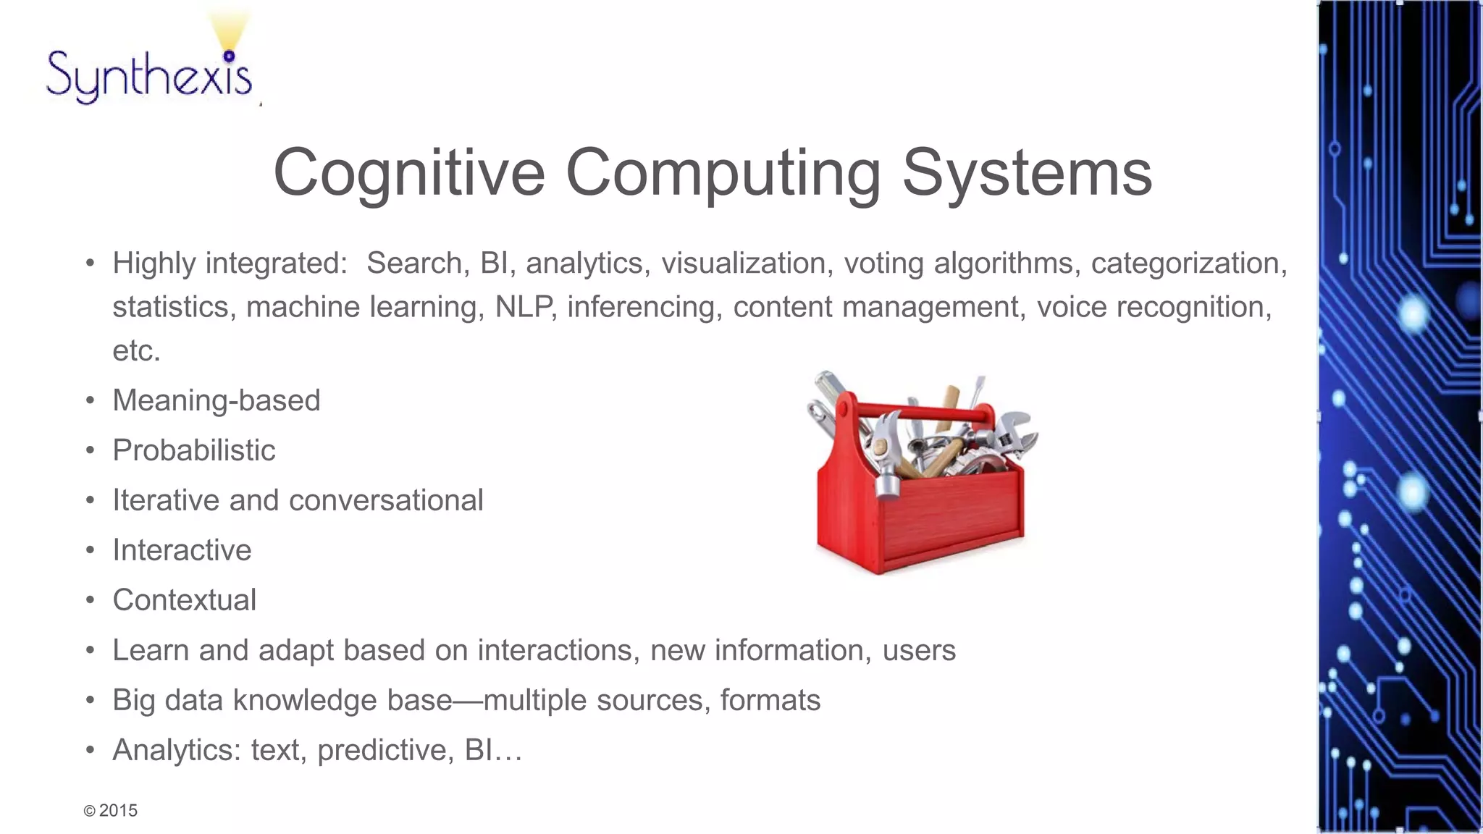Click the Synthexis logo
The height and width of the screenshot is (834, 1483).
[150, 72]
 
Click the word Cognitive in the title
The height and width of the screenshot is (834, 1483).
[408, 173]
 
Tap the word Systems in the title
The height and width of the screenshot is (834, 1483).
[1026, 173]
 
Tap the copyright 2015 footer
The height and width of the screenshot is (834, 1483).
[111, 811]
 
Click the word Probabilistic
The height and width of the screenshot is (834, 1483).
[193, 450]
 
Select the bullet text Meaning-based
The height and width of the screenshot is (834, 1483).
[216, 400]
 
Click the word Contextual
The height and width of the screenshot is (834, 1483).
[184, 600]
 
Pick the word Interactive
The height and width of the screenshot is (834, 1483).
[182, 550]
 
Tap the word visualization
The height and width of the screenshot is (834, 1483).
[743, 264]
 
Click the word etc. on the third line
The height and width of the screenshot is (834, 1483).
[136, 351]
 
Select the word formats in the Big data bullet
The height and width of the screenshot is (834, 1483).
[770, 700]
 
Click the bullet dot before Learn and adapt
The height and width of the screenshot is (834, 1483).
[90, 650]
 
